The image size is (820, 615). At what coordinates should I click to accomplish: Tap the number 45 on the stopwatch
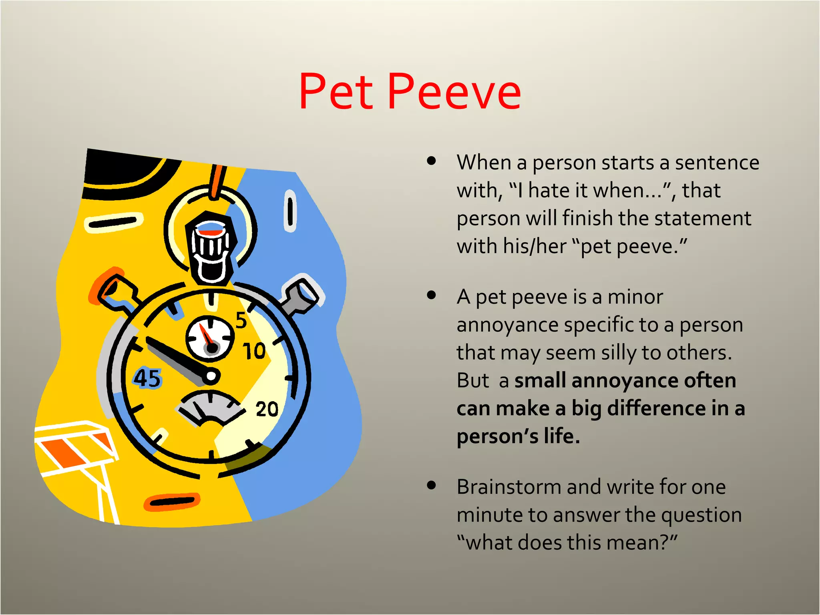tap(147, 378)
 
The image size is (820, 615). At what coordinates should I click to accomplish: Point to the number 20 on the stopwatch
tap(267, 409)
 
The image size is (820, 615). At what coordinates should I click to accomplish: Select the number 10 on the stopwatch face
tap(254, 351)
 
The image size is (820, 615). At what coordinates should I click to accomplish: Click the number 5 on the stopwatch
tap(241, 320)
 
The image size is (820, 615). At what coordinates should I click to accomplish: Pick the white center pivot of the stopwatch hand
tap(211, 376)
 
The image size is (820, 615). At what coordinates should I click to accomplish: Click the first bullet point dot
tap(431, 161)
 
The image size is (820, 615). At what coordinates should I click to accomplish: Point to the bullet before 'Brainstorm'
tap(431, 486)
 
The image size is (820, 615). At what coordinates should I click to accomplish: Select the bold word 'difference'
tap(657, 409)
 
